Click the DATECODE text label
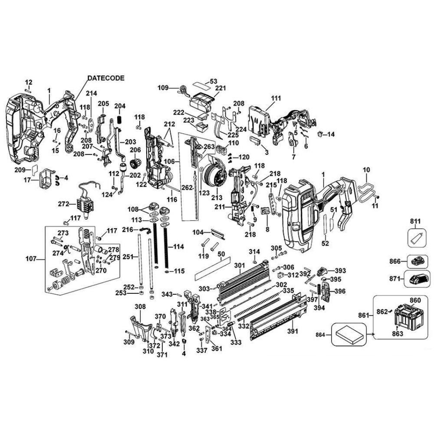pyautogui.click(x=106, y=78)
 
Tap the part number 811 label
pyautogui.click(x=415, y=223)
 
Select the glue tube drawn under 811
pyautogui.click(x=415, y=238)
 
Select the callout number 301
pyautogui.click(x=240, y=265)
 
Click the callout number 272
pyautogui.click(x=64, y=204)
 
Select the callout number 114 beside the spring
pyautogui.click(x=178, y=247)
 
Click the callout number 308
pyautogui.click(x=140, y=307)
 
